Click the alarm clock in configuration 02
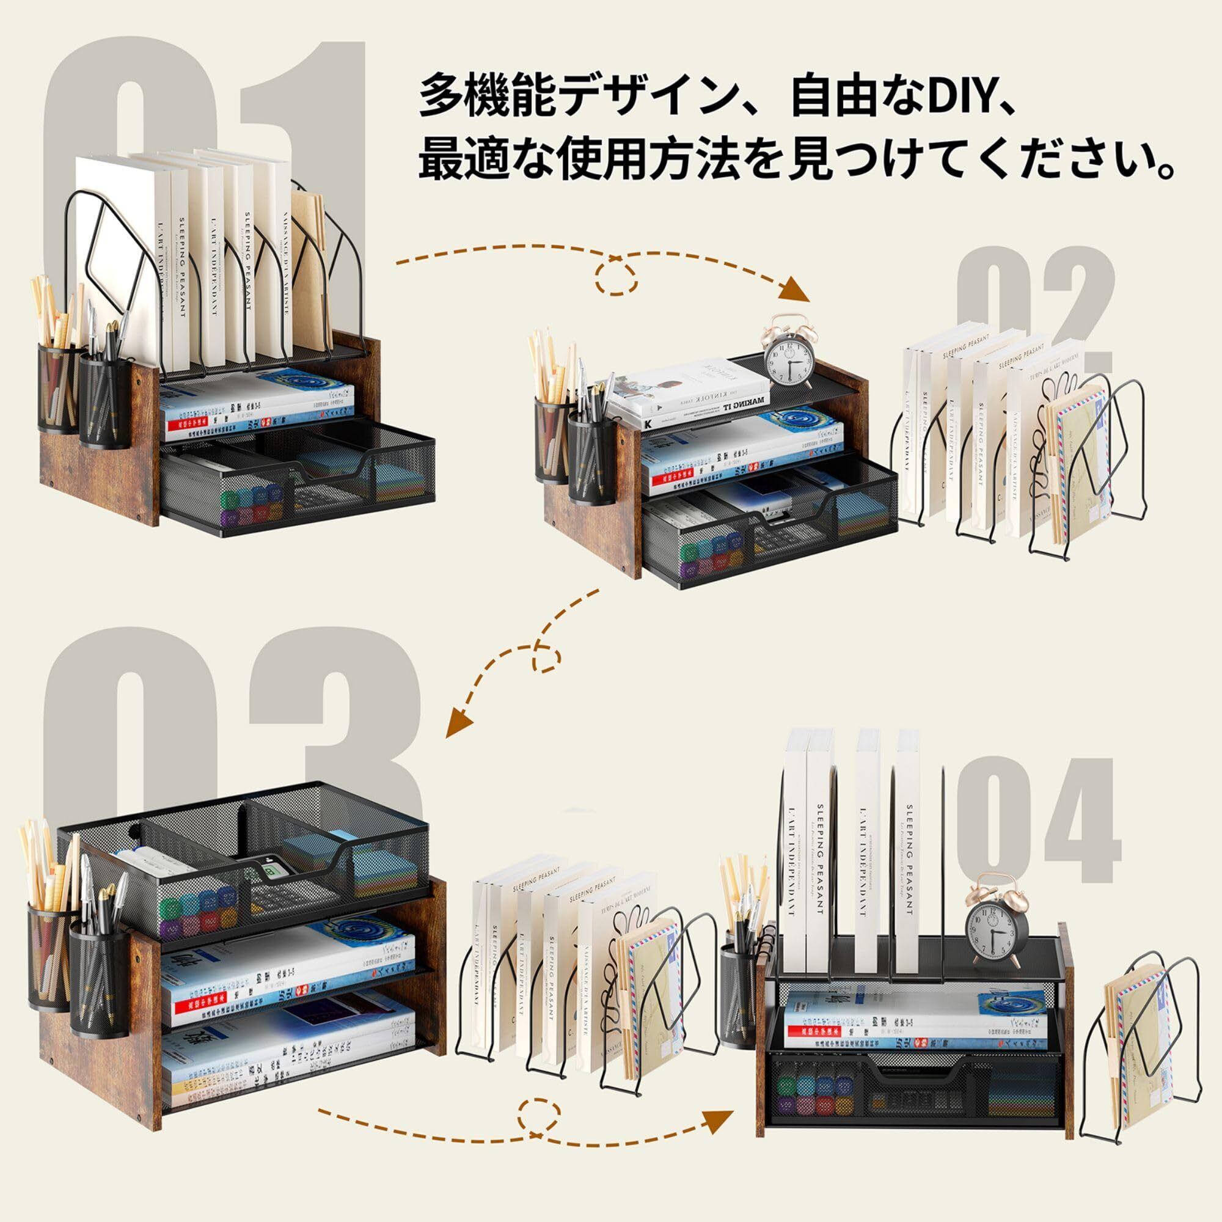pyautogui.click(x=788, y=357)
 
